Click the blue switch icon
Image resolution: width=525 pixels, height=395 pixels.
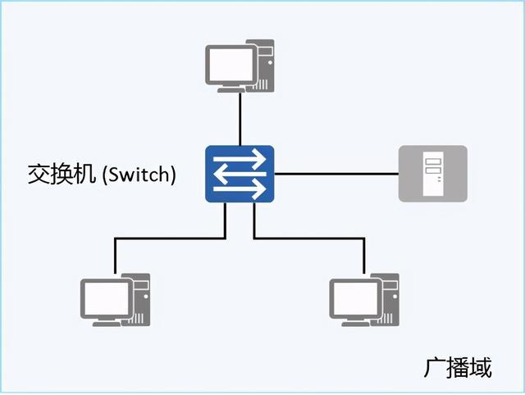click(x=240, y=174)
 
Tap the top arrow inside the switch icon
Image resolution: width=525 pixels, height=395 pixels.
click(x=240, y=160)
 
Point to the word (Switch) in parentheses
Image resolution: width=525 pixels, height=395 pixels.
click(x=139, y=175)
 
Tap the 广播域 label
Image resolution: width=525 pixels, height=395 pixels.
click(x=458, y=368)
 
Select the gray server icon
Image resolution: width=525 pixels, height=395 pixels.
click(x=432, y=174)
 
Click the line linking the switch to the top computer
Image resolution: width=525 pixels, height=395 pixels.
click(x=240, y=119)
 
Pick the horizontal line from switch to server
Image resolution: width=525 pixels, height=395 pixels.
click(x=336, y=174)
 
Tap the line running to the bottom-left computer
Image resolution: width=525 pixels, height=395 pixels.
click(x=164, y=238)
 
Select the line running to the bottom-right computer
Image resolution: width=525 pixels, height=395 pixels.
click(x=312, y=238)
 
